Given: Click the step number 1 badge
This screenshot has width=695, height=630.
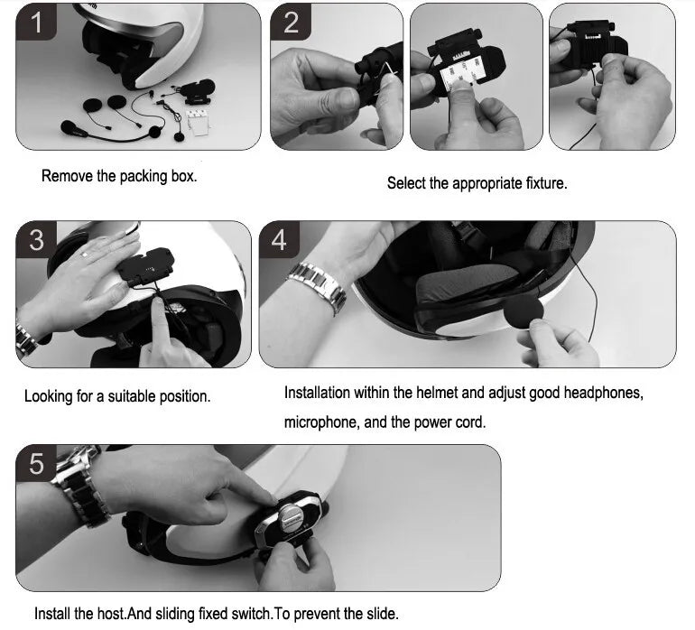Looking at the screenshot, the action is tap(36, 23).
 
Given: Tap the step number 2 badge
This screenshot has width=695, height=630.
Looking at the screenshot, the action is tap(291, 23).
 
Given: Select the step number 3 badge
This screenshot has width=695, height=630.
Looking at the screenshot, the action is tap(36, 239).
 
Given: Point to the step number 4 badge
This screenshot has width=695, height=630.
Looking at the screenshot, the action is tap(279, 239).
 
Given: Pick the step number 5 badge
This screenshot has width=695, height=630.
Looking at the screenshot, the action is tap(36, 464).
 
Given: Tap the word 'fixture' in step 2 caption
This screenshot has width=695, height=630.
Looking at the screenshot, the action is tap(545, 183).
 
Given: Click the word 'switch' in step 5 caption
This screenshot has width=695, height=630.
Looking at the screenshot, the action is tap(251, 614).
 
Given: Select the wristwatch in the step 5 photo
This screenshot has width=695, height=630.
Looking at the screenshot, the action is tap(79, 486).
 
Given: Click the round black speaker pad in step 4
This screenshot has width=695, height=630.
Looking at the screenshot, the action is tap(524, 312).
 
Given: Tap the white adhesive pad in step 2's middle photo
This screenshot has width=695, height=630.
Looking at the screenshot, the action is tap(461, 76).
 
